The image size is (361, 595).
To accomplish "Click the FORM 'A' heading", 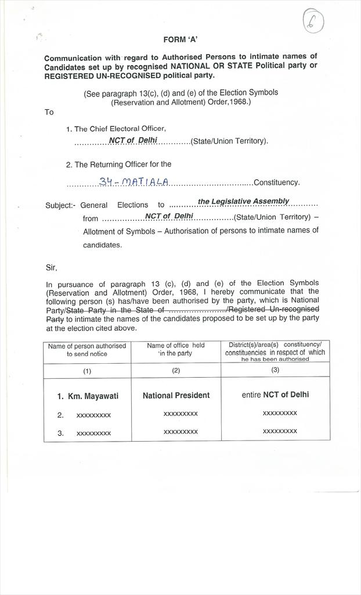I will point(180,40).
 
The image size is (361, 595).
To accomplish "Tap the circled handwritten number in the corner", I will point(313,21).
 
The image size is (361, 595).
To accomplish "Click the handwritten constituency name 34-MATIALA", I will point(134,182).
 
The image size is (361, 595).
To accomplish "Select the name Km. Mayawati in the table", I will point(93,396).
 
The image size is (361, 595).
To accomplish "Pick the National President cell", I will point(176,395).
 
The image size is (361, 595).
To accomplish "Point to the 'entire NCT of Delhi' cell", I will point(275,395).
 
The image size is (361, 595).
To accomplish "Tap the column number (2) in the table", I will point(176,370).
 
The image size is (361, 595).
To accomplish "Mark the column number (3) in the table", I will point(275,370).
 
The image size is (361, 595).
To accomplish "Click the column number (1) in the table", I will point(87,371).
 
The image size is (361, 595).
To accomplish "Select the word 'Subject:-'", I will point(60,205).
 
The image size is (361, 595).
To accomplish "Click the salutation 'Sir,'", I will point(52,268).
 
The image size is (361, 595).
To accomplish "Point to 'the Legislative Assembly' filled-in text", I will point(243,201).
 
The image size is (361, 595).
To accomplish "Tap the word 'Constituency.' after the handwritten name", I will point(277,182).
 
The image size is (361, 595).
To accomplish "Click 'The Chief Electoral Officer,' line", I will point(120,129).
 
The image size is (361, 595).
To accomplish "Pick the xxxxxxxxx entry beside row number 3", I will point(93,433).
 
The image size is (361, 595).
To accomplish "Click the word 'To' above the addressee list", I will point(49,112).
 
